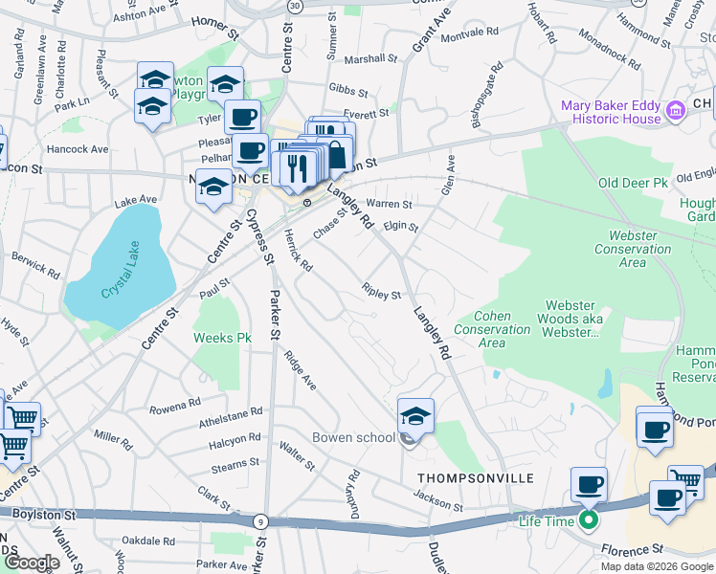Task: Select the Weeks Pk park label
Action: click(x=222, y=338)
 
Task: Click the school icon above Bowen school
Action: click(x=415, y=416)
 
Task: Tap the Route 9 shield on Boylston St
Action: click(x=260, y=521)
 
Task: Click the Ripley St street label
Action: click(x=382, y=290)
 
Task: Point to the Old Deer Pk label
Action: click(x=632, y=183)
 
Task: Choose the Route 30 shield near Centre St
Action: click(x=296, y=6)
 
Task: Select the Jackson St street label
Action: click(x=438, y=498)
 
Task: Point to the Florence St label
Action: click(x=632, y=550)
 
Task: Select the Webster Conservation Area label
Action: click(x=633, y=249)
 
